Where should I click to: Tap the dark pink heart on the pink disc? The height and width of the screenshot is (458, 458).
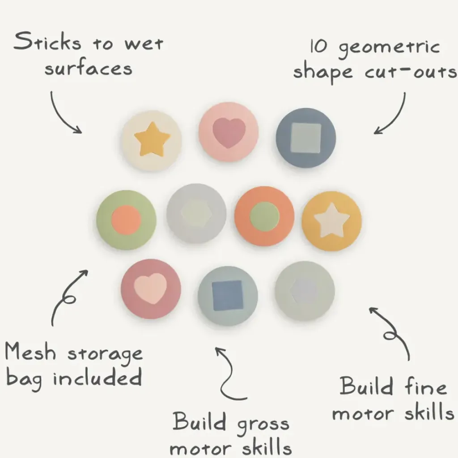click(229, 133)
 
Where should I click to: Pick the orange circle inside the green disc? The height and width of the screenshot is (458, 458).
click(126, 220)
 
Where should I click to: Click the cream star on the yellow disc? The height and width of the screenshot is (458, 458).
click(331, 221)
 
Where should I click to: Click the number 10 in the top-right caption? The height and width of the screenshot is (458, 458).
click(318, 47)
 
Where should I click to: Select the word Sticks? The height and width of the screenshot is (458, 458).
click(47, 42)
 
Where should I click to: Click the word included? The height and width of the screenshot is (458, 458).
click(98, 378)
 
